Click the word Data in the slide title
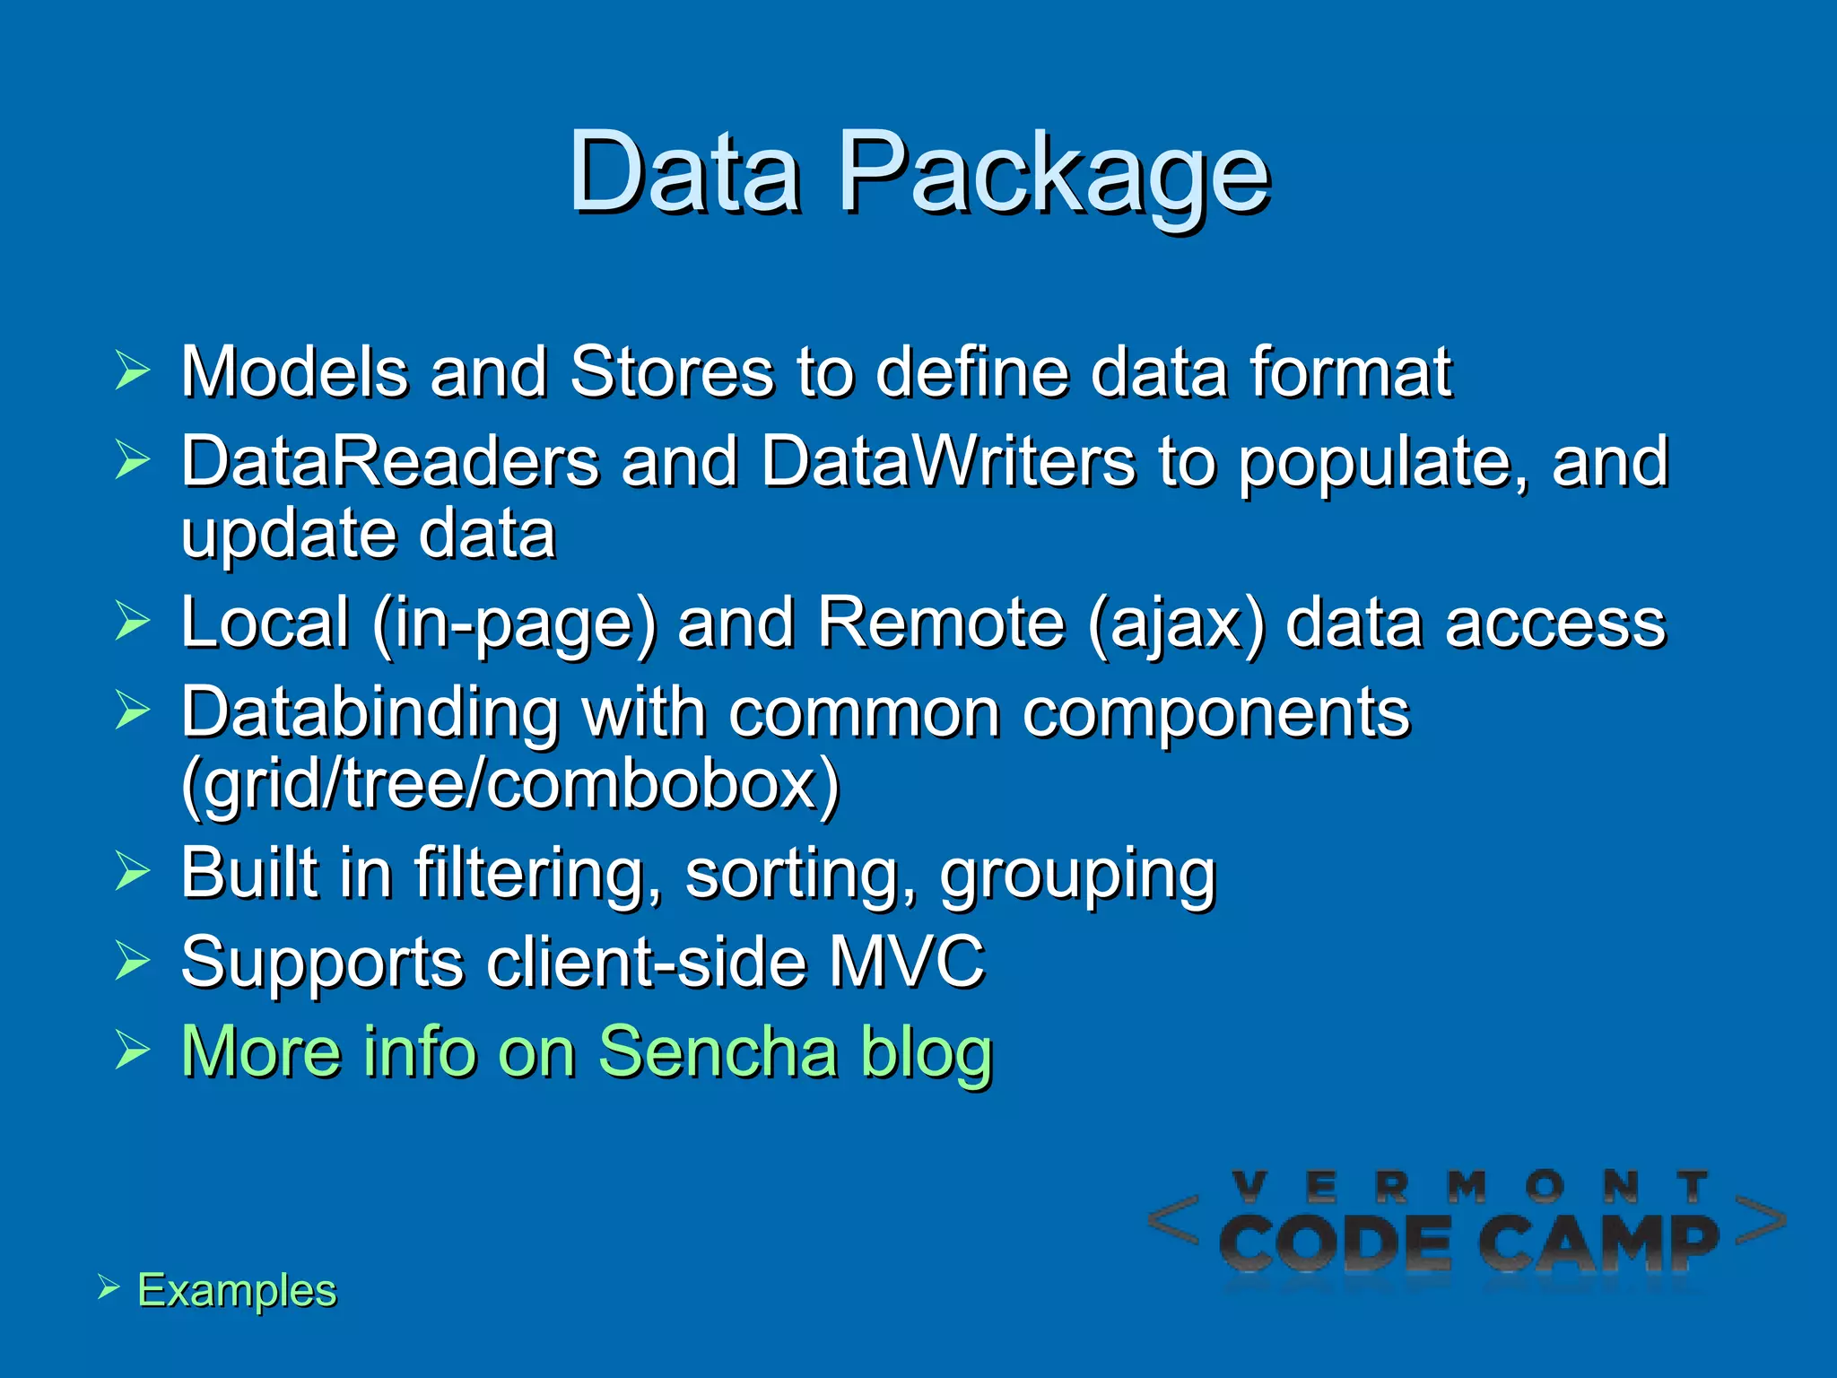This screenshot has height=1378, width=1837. click(684, 172)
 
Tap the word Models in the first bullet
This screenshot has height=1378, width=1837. click(293, 371)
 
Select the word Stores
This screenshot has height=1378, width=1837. click(672, 371)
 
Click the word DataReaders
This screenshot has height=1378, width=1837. click(390, 461)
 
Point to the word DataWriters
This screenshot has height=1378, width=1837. click(948, 461)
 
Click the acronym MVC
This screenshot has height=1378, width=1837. click(906, 962)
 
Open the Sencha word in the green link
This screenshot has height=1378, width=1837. click(718, 1051)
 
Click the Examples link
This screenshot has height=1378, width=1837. click(237, 1290)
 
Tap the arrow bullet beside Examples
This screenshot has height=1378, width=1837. click(109, 1287)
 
